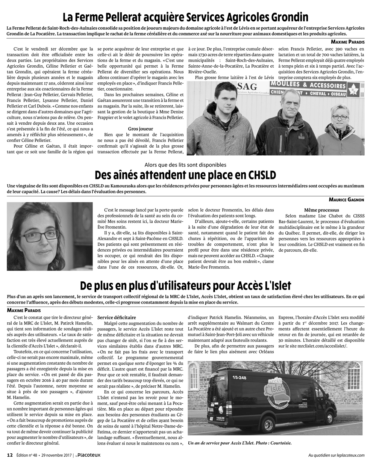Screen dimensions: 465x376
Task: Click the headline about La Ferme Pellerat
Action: (185, 17)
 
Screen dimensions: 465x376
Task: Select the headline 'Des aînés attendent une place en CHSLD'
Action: (185, 175)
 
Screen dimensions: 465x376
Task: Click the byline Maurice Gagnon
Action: (346, 199)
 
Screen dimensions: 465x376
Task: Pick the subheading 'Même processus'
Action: (321, 210)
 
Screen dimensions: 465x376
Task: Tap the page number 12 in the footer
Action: (10, 455)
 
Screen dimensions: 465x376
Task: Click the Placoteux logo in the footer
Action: (88, 455)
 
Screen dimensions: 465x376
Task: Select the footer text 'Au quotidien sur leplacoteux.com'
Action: (336, 455)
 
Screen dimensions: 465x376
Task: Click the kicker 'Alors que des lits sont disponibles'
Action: (185, 165)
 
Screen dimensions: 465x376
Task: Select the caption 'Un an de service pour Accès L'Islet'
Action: (239, 443)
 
